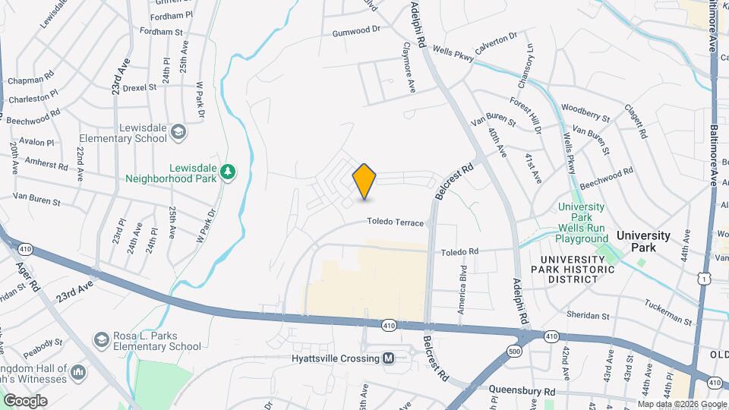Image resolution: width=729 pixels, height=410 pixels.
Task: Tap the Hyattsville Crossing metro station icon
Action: click(388, 358)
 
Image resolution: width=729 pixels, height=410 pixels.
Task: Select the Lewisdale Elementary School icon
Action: click(178, 133)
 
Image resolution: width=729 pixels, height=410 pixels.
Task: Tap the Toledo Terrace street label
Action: click(394, 222)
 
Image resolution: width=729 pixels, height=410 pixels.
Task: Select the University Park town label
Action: click(643, 235)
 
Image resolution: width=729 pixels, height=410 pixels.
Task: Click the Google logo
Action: click(25, 400)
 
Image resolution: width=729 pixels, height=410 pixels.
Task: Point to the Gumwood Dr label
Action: click(355, 31)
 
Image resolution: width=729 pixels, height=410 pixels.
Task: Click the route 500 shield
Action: click(515, 351)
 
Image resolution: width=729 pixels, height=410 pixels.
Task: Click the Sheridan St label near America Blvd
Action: click(589, 315)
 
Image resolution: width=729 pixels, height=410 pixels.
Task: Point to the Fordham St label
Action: click(162, 32)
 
